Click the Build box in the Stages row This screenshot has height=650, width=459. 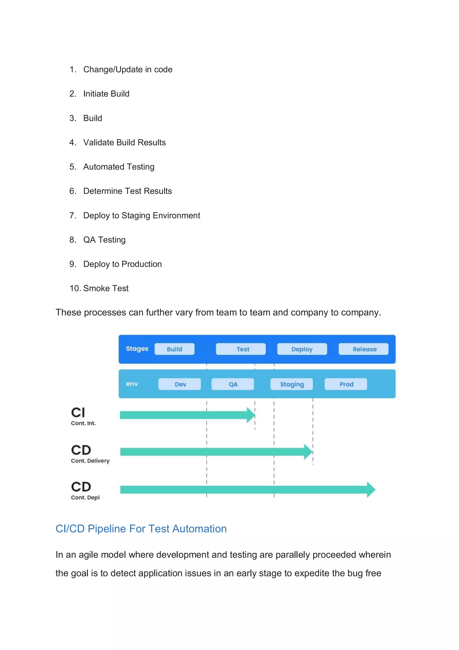coord(175,349)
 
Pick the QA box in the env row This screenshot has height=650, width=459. coord(233,384)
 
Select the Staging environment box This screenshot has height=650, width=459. coord(292,384)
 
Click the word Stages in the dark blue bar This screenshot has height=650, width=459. coord(137,349)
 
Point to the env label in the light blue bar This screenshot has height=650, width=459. coord(132,384)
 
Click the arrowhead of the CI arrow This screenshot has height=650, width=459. coord(251,415)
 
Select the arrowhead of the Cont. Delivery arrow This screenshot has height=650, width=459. coord(308,452)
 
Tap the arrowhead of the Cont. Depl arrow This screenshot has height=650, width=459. coord(371,490)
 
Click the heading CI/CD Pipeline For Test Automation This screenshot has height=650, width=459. coord(141,529)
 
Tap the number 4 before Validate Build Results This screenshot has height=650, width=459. coord(72,142)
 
